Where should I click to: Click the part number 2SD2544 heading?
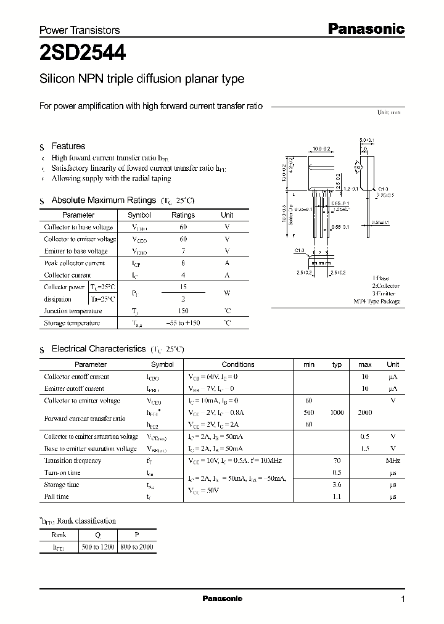pyautogui.click(x=83, y=54)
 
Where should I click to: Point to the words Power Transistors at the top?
pyautogui.click(x=80, y=30)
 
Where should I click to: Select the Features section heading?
pyautogui.click(x=68, y=146)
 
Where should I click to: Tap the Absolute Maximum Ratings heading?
pyautogui.click(x=103, y=200)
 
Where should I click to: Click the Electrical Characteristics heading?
pyautogui.click(x=98, y=349)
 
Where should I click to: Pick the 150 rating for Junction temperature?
pyautogui.click(x=183, y=311)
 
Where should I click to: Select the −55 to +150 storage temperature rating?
pyautogui.click(x=183, y=323)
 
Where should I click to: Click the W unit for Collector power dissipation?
pyautogui.click(x=227, y=294)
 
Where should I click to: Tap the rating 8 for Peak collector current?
pyautogui.click(x=183, y=263)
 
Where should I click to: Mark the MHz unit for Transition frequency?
pyautogui.click(x=393, y=461)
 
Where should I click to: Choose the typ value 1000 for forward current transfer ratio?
pyautogui.click(x=337, y=413)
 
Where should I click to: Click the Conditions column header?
pyautogui.click(x=237, y=364)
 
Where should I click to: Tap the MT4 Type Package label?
pyautogui.click(x=376, y=302)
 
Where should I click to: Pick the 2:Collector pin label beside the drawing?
pyautogui.click(x=385, y=286)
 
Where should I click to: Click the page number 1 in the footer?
pyautogui.click(x=403, y=599)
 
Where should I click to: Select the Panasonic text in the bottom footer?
pyautogui.click(x=222, y=599)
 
